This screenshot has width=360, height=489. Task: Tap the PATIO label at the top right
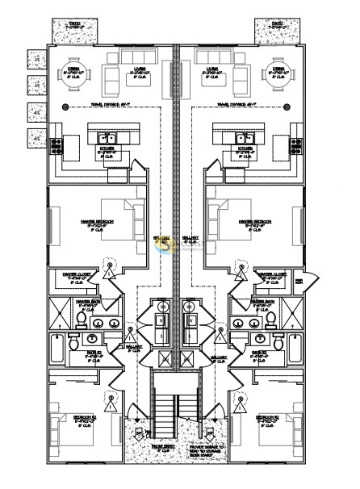tap(278, 23)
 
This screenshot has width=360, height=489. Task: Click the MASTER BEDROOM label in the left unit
tap(98, 219)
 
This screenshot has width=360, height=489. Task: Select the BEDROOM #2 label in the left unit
tap(85, 417)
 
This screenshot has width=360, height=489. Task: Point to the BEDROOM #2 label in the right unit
tap(267, 417)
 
